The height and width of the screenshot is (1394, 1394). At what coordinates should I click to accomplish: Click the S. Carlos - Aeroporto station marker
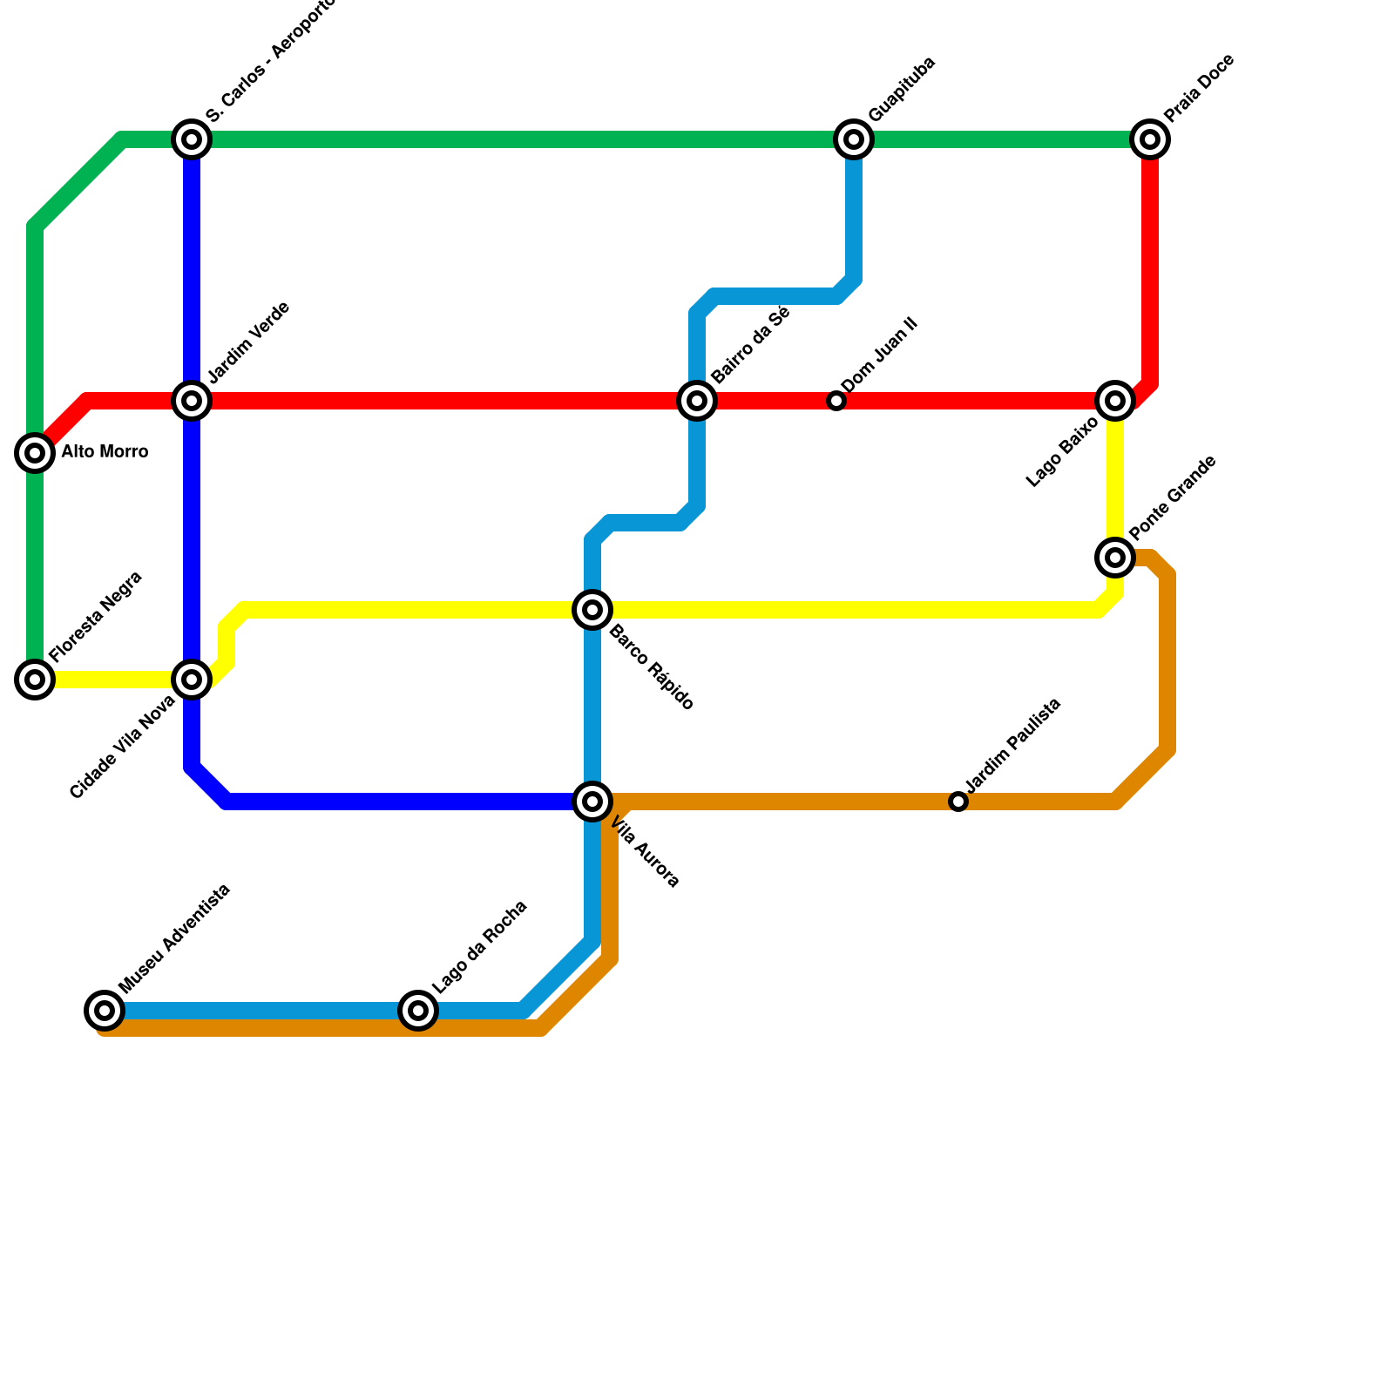[192, 139]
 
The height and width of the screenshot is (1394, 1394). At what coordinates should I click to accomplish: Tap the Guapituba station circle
[854, 139]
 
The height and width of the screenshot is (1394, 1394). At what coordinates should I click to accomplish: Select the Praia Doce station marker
[1150, 139]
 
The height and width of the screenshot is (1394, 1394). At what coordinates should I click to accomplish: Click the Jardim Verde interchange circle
[192, 401]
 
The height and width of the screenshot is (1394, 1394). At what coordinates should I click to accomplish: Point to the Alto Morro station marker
[35, 453]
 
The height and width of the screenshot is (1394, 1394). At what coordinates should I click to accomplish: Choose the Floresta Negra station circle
[35, 680]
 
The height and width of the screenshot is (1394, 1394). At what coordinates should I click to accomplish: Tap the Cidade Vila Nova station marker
[192, 680]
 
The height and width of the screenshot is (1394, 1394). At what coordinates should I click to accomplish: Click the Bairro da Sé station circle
[697, 401]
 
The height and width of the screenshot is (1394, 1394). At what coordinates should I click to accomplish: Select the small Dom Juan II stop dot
[836, 402]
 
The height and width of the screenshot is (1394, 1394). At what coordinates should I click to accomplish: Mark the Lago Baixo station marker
[1115, 401]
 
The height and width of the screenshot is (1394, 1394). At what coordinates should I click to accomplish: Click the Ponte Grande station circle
[1115, 557]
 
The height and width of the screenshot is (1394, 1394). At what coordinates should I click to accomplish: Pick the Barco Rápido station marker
[592, 610]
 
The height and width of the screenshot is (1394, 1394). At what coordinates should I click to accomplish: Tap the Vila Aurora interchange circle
[592, 802]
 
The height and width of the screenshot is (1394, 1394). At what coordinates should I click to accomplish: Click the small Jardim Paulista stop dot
[958, 802]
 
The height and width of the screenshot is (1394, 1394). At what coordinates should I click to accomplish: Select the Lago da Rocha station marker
[418, 1011]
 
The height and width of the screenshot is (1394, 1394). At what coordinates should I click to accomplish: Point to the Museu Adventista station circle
[105, 1011]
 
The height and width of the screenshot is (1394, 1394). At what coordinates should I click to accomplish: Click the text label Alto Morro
[105, 452]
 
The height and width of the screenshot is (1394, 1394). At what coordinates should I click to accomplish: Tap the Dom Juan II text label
[879, 355]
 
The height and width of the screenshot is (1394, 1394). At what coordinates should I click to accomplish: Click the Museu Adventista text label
[174, 938]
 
